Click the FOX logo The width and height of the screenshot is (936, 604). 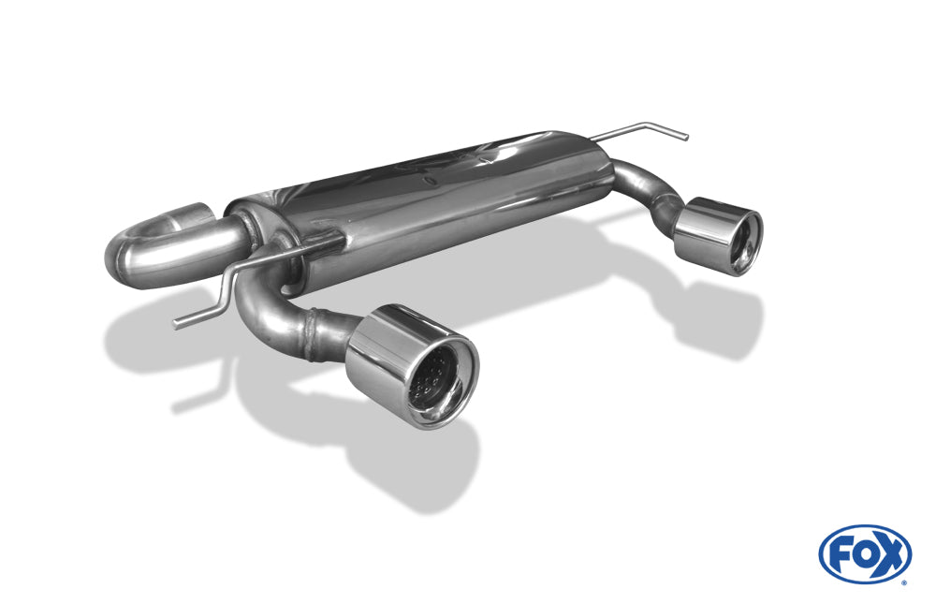coord(865,554)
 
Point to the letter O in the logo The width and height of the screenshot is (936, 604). coord(865,555)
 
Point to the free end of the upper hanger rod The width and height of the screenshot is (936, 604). coord(686,138)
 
